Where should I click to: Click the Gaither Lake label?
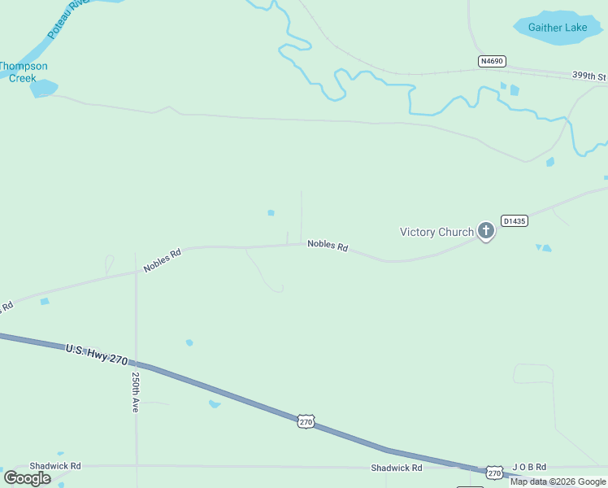coord(557,28)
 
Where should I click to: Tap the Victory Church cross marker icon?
coord(486,232)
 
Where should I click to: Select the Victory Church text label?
coord(436,232)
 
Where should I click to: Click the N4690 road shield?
coord(492,61)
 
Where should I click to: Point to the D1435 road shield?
coord(515,220)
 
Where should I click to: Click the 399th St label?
coord(588,76)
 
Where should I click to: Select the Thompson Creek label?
coord(23,72)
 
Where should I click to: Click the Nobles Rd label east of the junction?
coord(328,245)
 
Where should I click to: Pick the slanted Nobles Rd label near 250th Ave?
coord(162,260)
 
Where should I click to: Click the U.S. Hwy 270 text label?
coord(97,353)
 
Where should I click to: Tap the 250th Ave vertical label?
coord(135,392)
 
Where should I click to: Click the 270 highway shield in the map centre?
coord(306,421)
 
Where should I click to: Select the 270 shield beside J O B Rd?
coord(494,472)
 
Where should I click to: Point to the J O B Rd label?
coord(529,468)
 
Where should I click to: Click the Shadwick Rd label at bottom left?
coord(55,466)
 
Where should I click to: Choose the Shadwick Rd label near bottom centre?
coord(397,468)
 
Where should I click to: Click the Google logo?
coord(27,478)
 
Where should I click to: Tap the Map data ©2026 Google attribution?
coord(558,481)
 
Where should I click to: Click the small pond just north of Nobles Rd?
coord(271,213)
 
